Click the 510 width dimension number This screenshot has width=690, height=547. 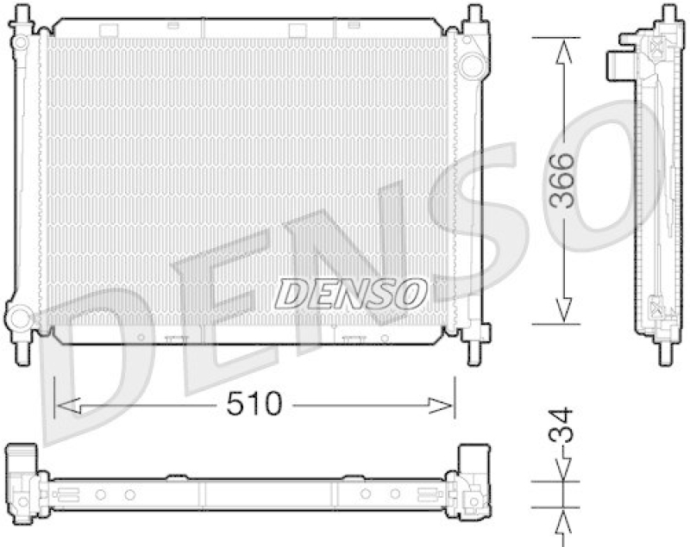tap(254, 403)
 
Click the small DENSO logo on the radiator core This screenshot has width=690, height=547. tap(350, 293)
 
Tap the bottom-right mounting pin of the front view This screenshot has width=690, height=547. tap(474, 351)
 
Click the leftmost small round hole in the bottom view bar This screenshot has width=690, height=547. tap(100, 494)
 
